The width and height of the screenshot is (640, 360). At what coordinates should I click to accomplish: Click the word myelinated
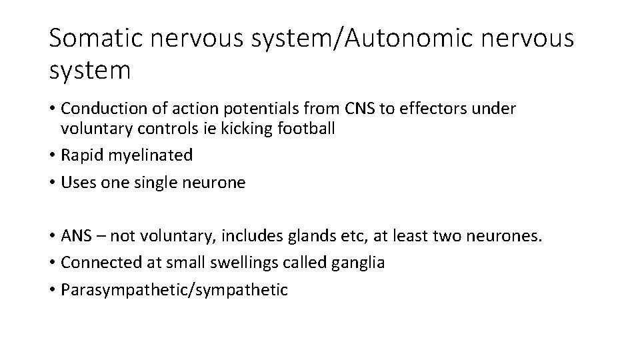149,156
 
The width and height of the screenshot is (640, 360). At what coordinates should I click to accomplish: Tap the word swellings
240,263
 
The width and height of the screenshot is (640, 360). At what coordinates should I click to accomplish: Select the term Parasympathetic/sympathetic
174,290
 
